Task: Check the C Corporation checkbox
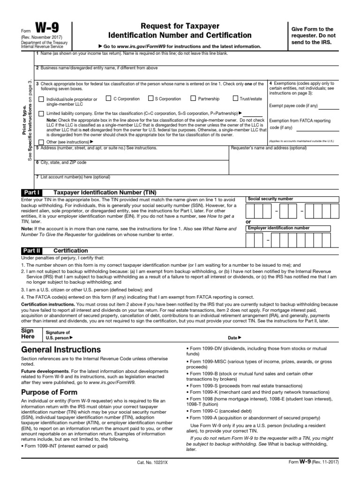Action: coord(109,98)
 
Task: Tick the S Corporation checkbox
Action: coord(150,98)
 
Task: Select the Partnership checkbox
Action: coord(193,98)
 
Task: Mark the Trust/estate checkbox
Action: coord(235,98)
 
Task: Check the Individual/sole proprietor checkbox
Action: coord(41,99)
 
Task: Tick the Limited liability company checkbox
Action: coord(41,113)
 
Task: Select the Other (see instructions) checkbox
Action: coord(41,142)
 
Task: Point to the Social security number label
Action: coord(270,199)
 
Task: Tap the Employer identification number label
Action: coord(278,228)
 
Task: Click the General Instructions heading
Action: coord(61,350)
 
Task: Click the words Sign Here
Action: coord(28,333)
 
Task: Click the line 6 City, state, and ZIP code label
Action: coord(61,162)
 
